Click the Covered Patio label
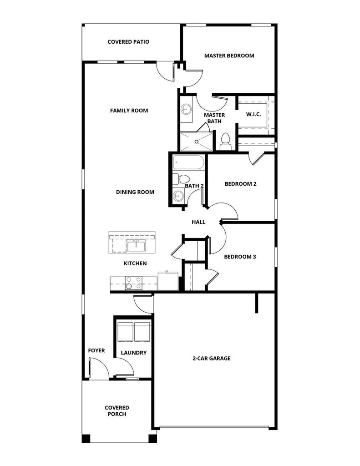pyautogui.click(x=128, y=42)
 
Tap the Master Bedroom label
pyautogui.click(x=229, y=56)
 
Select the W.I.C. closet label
pyautogui.click(x=254, y=114)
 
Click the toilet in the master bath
pyautogui.click(x=225, y=142)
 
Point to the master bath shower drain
pyautogui.click(x=197, y=142)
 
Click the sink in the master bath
pyautogui.click(x=186, y=109)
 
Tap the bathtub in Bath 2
pyautogui.click(x=188, y=163)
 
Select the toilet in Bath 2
pyautogui.click(x=181, y=179)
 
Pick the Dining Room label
pyautogui.click(x=135, y=192)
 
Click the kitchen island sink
pyautogui.click(x=136, y=246)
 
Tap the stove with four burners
pyautogui.click(x=133, y=283)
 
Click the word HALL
pyautogui.click(x=198, y=222)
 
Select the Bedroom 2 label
pyautogui.click(x=240, y=184)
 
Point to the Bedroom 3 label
pyautogui.click(x=240, y=257)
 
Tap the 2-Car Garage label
pyautogui.click(x=212, y=359)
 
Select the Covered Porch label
pyautogui.click(x=117, y=411)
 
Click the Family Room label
pyautogui.click(x=129, y=111)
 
